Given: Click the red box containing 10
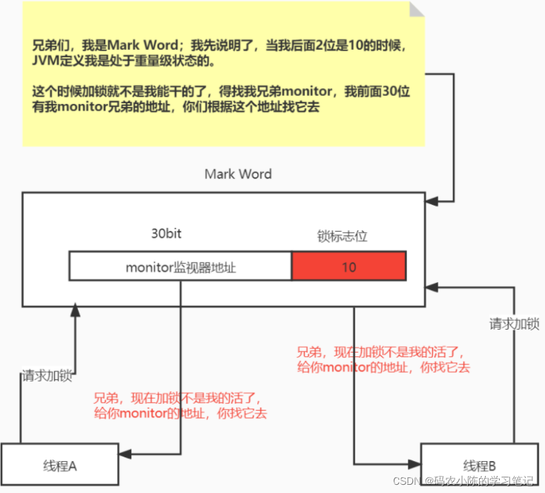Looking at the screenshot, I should pyautogui.click(x=349, y=267).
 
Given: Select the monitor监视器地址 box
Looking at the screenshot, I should pyautogui.click(x=180, y=267).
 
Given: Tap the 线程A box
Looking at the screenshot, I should pyautogui.click(x=60, y=466).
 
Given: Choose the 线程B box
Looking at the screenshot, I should pyautogui.click(x=479, y=466).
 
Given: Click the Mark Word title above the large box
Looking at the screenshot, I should pyautogui.click(x=238, y=174).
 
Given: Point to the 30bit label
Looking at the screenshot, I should pyautogui.click(x=166, y=233).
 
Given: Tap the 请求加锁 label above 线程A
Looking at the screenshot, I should pyautogui.click(x=46, y=376).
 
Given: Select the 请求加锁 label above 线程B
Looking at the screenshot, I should pyautogui.click(x=514, y=324).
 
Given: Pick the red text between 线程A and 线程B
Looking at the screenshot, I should pyautogui.click(x=179, y=405).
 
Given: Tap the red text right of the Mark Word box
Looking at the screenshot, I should pyautogui.click(x=383, y=360).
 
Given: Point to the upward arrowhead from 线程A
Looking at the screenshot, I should pyautogui.click(x=74, y=310).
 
